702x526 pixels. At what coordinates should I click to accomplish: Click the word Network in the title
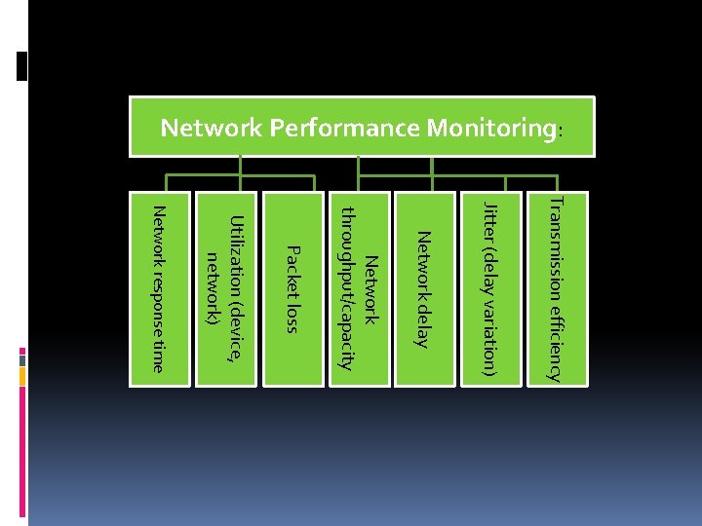(x=200, y=128)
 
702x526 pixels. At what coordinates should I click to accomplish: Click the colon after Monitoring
(x=560, y=131)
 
